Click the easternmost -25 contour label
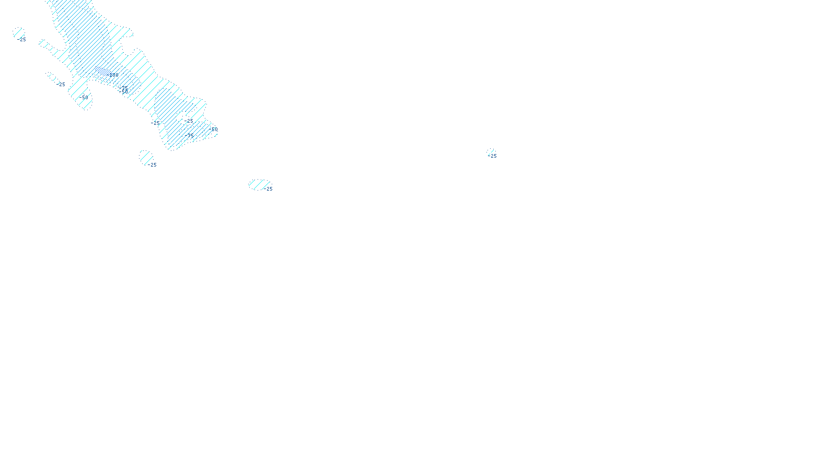click(x=493, y=156)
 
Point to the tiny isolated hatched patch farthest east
click(x=490, y=151)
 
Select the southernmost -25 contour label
click(x=269, y=189)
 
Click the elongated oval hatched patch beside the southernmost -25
click(x=259, y=184)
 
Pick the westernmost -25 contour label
click(x=22, y=40)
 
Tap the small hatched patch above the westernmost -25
click(x=18, y=33)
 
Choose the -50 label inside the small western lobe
click(x=84, y=98)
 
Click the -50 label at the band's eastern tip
click(x=214, y=129)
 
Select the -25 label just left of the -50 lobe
click(x=62, y=85)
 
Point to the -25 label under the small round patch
click(x=152, y=165)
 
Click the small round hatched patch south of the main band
click(x=146, y=157)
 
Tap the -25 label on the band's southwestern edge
click(x=156, y=123)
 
